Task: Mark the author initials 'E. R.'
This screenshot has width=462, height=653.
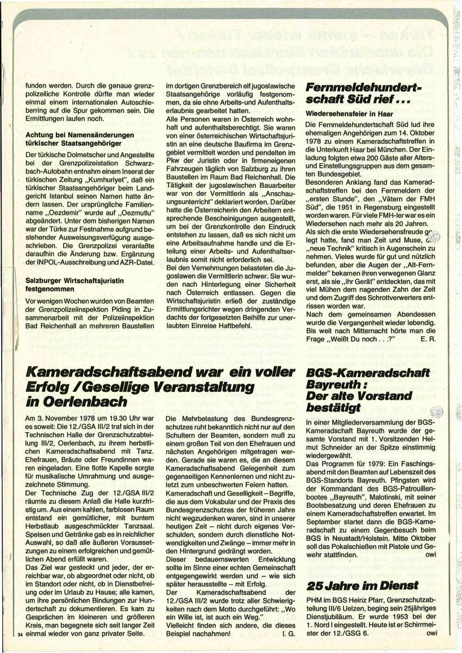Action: (x=428, y=338)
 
